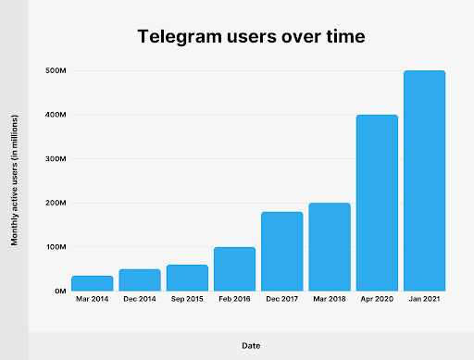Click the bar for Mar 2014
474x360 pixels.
[x=93, y=283]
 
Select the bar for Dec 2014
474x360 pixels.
[x=140, y=279]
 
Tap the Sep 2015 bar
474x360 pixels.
[x=187, y=278]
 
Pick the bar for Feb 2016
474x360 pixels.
[x=234, y=268]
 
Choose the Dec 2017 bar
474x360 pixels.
[x=281, y=251]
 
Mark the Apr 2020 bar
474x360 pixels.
[x=377, y=203]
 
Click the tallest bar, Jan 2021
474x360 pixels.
[x=424, y=180]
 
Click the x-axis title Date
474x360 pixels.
[x=250, y=345]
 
